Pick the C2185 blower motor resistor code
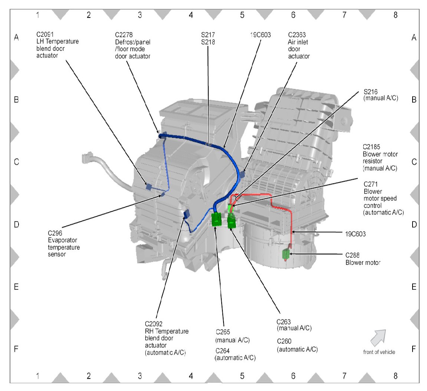click(x=371, y=147)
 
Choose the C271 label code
click(x=371, y=184)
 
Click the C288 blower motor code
click(x=352, y=255)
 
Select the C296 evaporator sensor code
click(x=55, y=233)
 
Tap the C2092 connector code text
click(x=154, y=324)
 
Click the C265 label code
click(x=223, y=332)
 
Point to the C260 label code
click(x=284, y=341)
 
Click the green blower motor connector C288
click(x=286, y=254)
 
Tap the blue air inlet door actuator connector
click(x=243, y=174)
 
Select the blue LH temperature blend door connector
click(x=148, y=187)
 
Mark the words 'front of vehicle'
click(x=379, y=352)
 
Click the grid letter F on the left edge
click(x=16, y=349)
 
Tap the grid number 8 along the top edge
click(x=395, y=14)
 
